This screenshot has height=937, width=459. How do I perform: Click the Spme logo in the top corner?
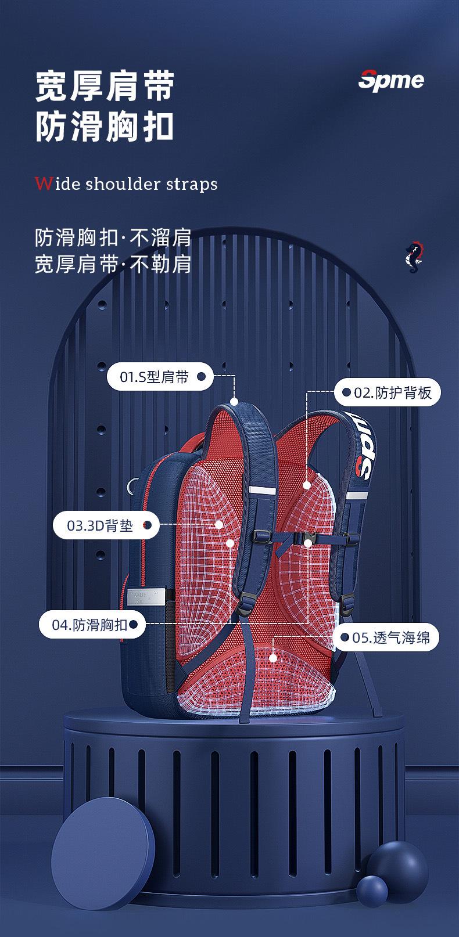(390, 80)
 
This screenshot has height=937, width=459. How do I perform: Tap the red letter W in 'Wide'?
(42, 184)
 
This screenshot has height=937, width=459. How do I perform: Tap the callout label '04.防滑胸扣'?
(89, 625)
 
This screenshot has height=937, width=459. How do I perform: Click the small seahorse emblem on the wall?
(413, 256)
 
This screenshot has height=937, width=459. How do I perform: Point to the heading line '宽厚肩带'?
(105, 88)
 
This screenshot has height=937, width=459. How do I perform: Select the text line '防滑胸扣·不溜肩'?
(113, 238)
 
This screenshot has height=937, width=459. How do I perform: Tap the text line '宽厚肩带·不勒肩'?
(113, 264)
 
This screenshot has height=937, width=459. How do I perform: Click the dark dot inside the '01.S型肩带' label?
(201, 377)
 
